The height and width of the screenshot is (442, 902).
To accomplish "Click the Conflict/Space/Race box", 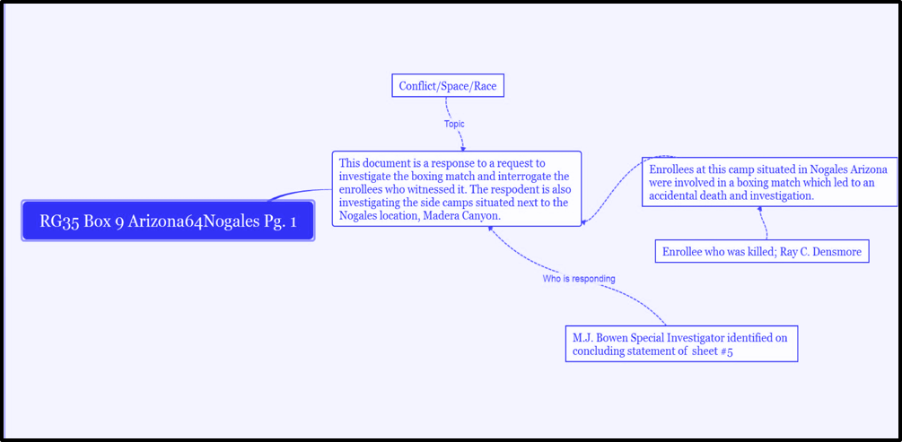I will [x=446, y=86].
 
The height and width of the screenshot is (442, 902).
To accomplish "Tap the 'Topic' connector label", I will [x=454, y=124].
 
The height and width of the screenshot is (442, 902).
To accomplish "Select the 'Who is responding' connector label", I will [x=579, y=279].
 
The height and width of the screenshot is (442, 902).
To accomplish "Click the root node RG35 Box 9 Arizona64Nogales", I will [x=168, y=221].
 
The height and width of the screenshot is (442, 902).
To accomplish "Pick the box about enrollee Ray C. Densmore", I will [x=762, y=252].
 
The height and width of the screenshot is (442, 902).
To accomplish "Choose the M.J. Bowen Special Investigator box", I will [x=681, y=344].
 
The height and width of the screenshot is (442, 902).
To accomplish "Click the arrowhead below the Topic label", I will [x=462, y=148].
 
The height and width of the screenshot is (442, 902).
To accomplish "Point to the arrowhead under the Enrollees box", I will [x=760, y=210].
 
